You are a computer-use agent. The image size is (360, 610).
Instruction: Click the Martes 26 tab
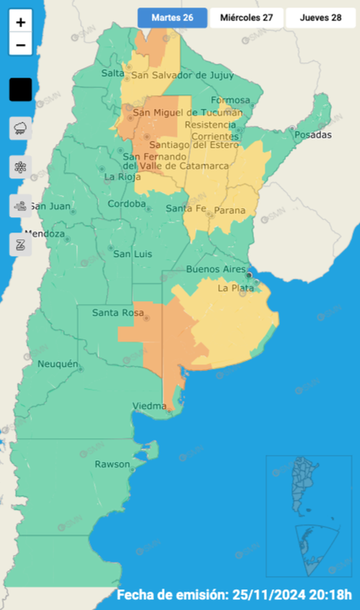(x=172, y=18)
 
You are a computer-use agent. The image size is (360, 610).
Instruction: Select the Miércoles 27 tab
(x=246, y=18)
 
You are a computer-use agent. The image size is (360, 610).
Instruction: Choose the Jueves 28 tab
(x=320, y=18)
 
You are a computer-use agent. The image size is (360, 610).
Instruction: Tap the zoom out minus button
(x=21, y=44)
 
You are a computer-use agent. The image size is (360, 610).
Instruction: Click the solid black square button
(x=21, y=90)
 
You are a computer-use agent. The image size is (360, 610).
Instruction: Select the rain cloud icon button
(x=21, y=128)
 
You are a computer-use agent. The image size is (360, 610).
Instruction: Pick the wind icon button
(x=21, y=206)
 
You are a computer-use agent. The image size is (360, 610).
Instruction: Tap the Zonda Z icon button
(x=21, y=244)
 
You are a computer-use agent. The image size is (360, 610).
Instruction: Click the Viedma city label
(x=150, y=406)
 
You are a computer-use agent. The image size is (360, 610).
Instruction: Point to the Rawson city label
(x=112, y=464)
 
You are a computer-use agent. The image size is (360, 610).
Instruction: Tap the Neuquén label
(x=57, y=364)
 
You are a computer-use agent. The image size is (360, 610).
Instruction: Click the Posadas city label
(x=313, y=135)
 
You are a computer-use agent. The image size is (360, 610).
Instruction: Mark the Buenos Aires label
(x=215, y=270)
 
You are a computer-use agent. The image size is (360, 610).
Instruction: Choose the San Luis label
(x=132, y=254)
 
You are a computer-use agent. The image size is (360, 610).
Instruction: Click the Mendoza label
(x=45, y=234)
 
